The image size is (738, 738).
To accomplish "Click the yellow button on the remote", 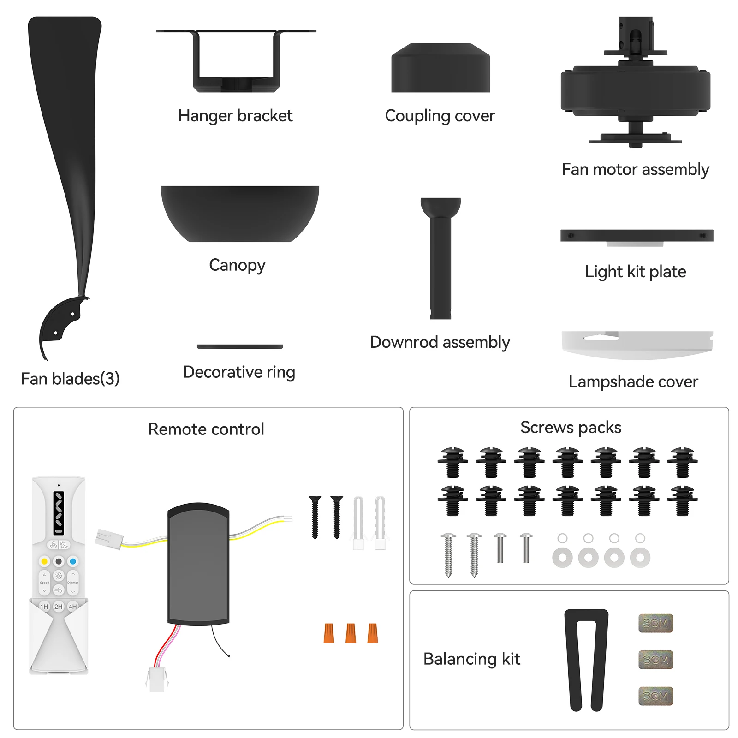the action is coord(44,561).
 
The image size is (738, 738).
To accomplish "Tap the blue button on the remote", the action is coord(73,561).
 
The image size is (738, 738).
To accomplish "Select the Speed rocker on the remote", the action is coord(44,583).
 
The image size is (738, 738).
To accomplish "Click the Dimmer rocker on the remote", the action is coord(73,583).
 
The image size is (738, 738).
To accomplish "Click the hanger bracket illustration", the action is coord(236,62).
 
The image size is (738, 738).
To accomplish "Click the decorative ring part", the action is coord(240,346).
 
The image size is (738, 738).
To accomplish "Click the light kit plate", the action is coord(637,236).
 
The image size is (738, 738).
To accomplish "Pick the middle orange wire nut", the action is coord(351,633).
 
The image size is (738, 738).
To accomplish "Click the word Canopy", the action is coord(237,265).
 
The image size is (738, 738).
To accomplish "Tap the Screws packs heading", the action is coord(571,428).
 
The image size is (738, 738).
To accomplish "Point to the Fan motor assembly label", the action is coord(635,170).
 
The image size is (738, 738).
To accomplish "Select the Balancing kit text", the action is coord(471,659).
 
